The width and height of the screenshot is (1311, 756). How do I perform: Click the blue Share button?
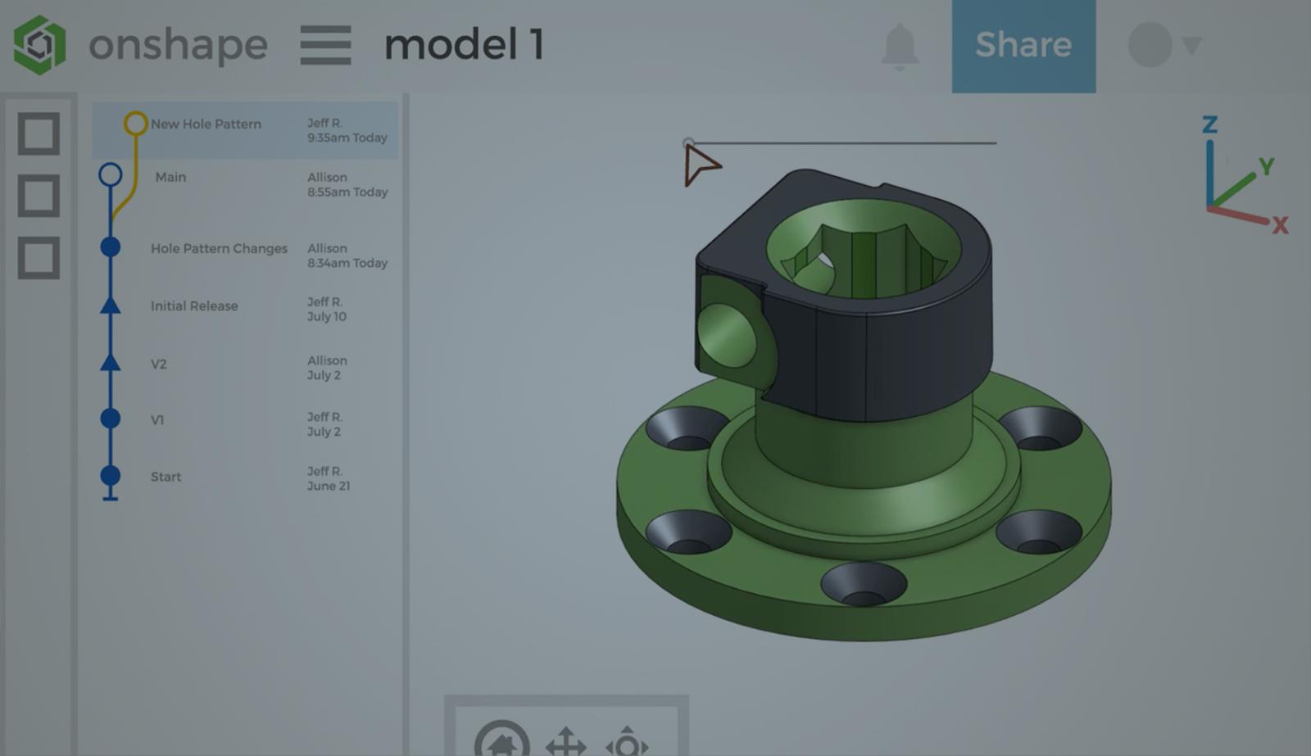pyautogui.click(x=1023, y=45)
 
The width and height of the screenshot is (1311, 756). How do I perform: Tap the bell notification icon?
pyautogui.click(x=900, y=46)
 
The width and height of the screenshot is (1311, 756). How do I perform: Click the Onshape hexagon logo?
pyautogui.click(x=39, y=45)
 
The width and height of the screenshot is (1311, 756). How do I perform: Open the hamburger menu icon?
pyautogui.click(x=325, y=45)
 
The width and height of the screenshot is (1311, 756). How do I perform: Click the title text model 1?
pyautogui.click(x=464, y=45)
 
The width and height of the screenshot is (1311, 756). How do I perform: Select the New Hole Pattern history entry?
pyautogui.click(x=206, y=124)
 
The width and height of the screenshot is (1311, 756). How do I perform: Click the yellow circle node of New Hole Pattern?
pyautogui.click(x=135, y=124)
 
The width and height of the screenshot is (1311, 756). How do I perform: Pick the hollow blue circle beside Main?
pyautogui.click(x=111, y=174)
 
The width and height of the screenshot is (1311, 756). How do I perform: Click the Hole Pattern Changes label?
pyautogui.click(x=219, y=248)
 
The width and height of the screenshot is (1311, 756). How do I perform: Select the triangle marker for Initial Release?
pyautogui.click(x=111, y=306)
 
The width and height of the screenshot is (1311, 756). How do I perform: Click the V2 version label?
pyautogui.click(x=159, y=364)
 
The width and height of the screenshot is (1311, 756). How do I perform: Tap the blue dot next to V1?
pyautogui.click(x=111, y=419)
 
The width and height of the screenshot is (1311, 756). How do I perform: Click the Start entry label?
pyautogui.click(x=166, y=477)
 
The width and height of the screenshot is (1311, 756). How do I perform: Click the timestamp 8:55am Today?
pyautogui.click(x=347, y=192)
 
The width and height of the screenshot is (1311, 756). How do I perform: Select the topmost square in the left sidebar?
pyautogui.click(x=39, y=134)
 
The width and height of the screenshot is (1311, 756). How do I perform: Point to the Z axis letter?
pyautogui.click(x=1209, y=124)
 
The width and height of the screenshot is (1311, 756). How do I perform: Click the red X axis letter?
pyautogui.click(x=1280, y=225)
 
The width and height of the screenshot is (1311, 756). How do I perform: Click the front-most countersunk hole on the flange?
pyautogui.click(x=864, y=584)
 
